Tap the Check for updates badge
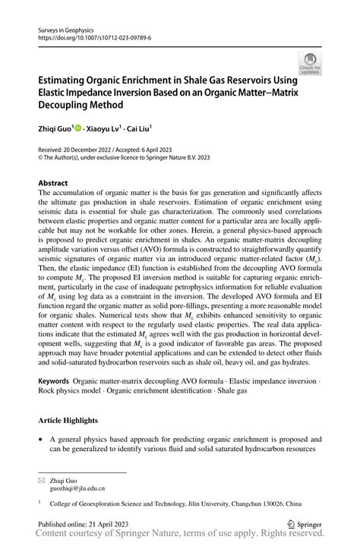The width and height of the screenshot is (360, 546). pos(309,64)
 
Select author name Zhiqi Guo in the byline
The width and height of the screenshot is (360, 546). pos(54,129)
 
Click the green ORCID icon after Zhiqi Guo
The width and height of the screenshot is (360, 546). pos(80,129)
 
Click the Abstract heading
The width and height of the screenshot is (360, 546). pos(52,183)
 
